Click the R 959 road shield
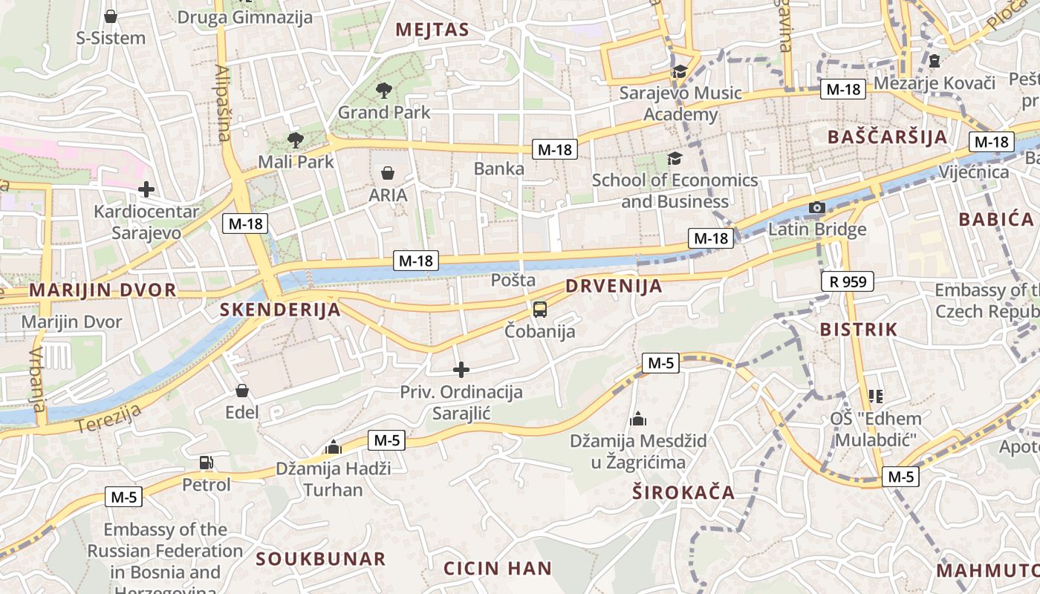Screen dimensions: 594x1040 [x=848, y=281]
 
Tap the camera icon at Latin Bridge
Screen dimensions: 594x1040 [x=816, y=207]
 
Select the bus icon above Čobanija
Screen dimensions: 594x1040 [x=540, y=309]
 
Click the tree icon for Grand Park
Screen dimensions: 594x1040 [x=384, y=91]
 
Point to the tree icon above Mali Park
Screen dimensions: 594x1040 [x=295, y=140]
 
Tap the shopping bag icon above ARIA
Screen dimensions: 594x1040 [x=388, y=174]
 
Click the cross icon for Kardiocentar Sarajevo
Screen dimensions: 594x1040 [x=146, y=189]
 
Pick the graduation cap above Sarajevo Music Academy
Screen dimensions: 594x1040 [x=680, y=71]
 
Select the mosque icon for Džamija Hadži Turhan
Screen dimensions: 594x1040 [x=333, y=447]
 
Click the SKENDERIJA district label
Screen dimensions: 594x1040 [x=281, y=310]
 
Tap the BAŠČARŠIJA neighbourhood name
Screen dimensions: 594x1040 [x=888, y=137]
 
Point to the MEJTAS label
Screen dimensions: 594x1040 [x=432, y=30]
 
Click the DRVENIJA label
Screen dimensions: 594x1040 [x=614, y=287]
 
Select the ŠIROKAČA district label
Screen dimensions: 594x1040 [x=683, y=492]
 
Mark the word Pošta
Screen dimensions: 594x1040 [x=513, y=280]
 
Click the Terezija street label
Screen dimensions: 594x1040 [x=108, y=420]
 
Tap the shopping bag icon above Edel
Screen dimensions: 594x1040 [x=242, y=391]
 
